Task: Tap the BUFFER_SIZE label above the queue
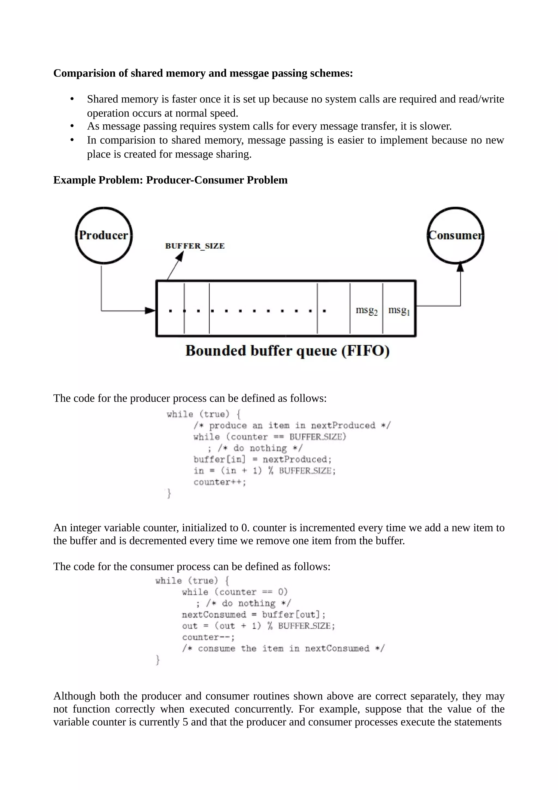coord(195,246)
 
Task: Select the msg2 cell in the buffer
coord(366,310)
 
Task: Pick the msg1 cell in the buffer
coord(399,310)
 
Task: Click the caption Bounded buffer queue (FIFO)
coord(287,351)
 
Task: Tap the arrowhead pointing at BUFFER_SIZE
coord(180,256)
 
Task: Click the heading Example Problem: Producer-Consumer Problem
coord(170,180)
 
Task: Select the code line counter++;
coord(220,482)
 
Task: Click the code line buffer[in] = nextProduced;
coord(262,460)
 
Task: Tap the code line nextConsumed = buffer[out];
coord(254,614)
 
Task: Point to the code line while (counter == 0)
coord(235,592)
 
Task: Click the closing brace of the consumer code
coord(158,660)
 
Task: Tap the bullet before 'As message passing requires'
coord(72,126)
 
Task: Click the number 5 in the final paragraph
coord(185,722)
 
